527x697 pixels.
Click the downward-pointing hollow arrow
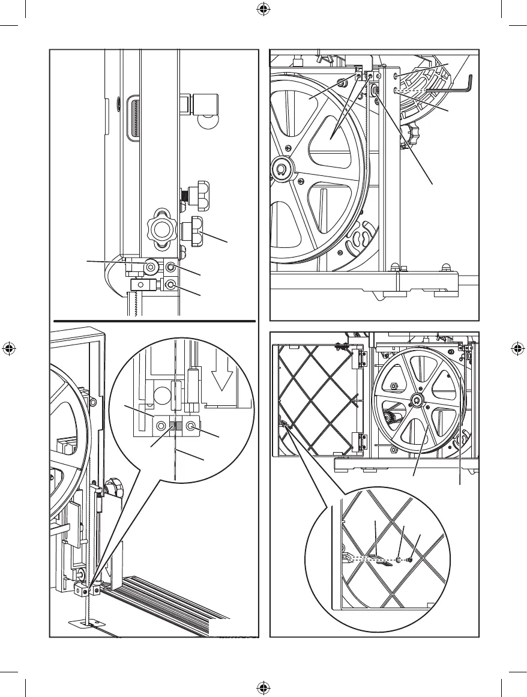pos(221,378)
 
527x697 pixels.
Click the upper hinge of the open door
pos(363,360)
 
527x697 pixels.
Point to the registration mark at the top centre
pos(263,10)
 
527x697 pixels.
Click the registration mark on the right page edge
pos(517,349)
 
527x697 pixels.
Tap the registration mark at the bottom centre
pos(263,687)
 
